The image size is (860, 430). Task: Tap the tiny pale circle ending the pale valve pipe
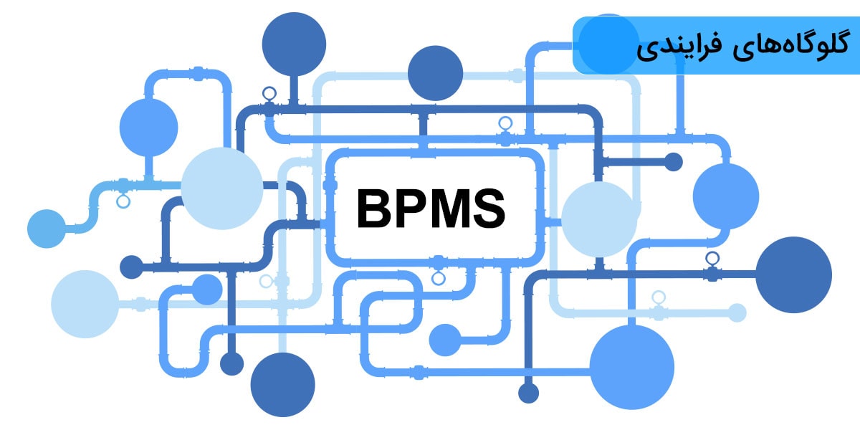[737, 312]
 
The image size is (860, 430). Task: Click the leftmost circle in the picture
[47, 229]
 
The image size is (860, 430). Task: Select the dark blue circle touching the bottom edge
[283, 384]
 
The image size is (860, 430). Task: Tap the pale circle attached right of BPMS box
[599, 219]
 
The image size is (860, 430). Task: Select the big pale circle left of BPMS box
[221, 188]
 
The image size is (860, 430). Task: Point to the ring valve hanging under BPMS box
[439, 278]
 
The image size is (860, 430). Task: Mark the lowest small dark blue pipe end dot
[528, 393]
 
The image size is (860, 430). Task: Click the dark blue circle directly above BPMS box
[436, 73]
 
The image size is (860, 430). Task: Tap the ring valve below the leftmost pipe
[123, 201]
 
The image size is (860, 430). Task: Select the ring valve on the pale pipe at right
[659, 297]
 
